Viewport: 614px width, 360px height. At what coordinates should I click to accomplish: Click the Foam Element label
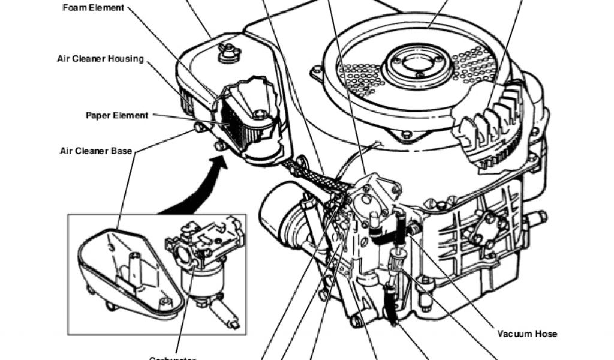tap(94, 8)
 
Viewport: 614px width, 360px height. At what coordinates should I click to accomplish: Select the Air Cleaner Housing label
tap(100, 59)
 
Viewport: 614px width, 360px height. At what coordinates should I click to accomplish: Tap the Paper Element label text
tap(116, 115)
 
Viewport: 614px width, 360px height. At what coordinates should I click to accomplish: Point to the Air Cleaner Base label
tap(96, 151)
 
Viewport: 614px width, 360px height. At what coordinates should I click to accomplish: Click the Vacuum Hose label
tap(527, 334)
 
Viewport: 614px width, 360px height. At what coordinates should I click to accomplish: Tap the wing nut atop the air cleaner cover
tap(226, 53)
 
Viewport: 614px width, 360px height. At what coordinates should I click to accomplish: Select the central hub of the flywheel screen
tap(414, 63)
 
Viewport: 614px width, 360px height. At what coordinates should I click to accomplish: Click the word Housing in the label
tap(125, 59)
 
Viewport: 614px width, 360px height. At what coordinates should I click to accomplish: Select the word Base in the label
tap(121, 151)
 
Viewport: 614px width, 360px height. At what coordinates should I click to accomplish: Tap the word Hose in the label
tap(546, 334)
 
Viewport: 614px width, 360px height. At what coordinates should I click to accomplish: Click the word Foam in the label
tap(74, 8)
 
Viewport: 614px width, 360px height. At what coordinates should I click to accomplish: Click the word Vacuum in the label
tap(516, 334)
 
